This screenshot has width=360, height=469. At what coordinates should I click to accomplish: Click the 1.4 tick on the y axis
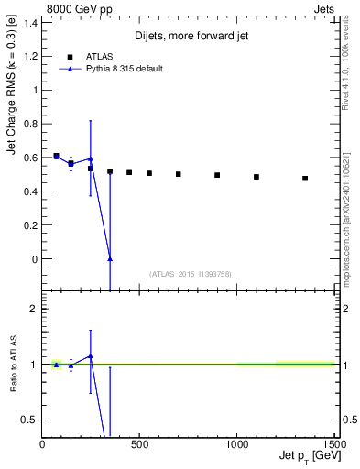[x=32, y=23]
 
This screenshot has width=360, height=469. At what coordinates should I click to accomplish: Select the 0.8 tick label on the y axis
[x=32, y=124]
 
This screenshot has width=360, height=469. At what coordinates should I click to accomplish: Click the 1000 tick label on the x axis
[x=237, y=444]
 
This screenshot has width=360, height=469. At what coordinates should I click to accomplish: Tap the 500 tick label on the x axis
[x=139, y=444]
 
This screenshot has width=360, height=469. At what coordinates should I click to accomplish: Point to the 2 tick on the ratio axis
[x=36, y=309]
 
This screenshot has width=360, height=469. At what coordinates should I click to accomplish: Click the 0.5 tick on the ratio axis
[x=32, y=420]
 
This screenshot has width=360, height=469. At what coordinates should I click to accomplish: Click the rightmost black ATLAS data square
[x=305, y=178]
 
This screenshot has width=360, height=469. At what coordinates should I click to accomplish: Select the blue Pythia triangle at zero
[x=110, y=259]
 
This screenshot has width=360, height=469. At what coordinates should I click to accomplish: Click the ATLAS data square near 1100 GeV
[x=256, y=177]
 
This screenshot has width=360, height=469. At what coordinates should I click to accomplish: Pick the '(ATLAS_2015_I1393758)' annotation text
[x=191, y=273]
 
